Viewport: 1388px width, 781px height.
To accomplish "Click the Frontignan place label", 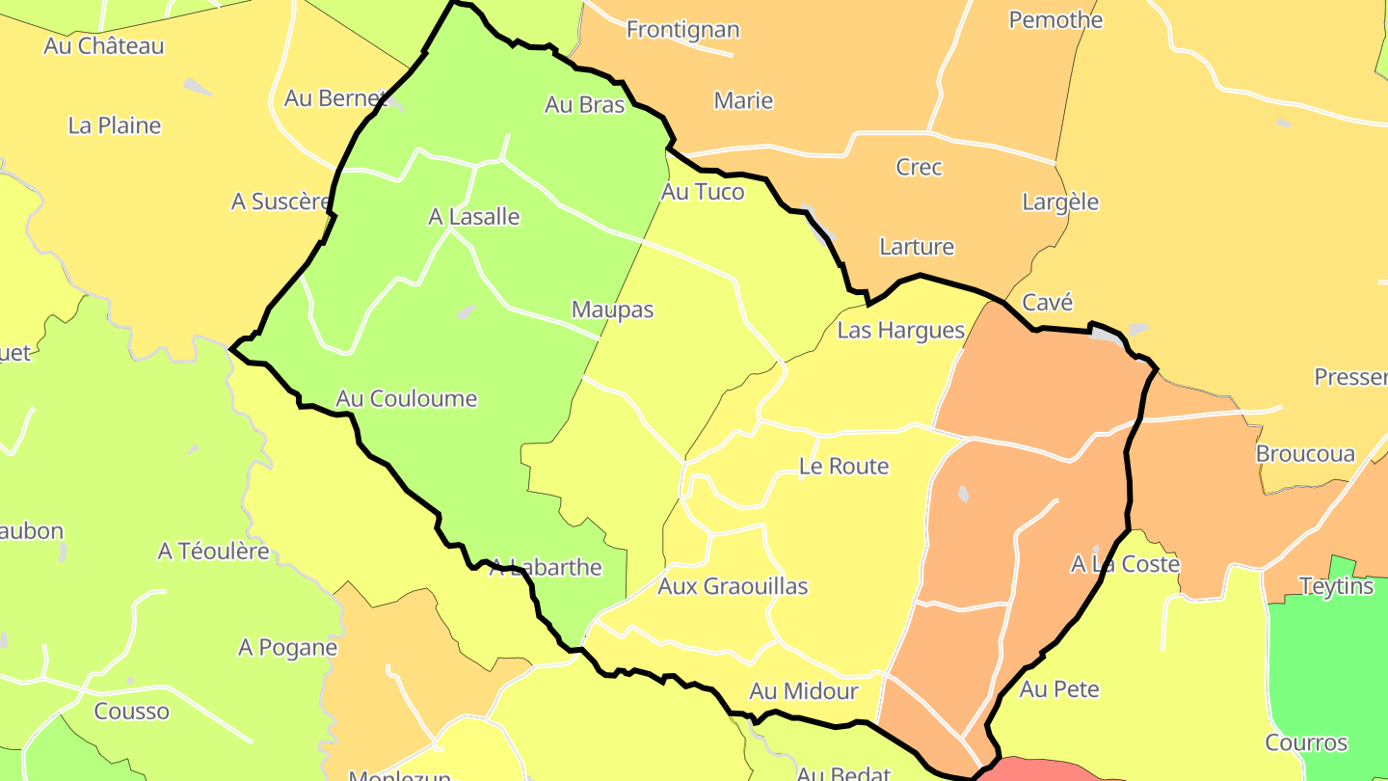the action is (x=682, y=30).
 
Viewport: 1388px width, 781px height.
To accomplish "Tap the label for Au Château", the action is (x=104, y=45).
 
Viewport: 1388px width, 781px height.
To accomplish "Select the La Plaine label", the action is (x=115, y=125).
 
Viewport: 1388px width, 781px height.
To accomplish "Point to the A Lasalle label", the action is (x=473, y=217).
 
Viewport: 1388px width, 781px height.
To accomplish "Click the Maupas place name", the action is (x=612, y=310).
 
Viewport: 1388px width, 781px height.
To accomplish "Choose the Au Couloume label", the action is (x=406, y=398).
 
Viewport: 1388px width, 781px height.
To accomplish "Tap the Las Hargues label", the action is (x=900, y=331).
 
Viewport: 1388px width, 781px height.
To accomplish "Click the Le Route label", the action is (x=843, y=467).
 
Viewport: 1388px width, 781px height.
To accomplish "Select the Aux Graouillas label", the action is (x=733, y=586).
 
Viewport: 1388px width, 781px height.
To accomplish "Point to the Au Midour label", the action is (x=803, y=691).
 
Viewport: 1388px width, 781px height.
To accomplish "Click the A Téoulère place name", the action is (x=214, y=552).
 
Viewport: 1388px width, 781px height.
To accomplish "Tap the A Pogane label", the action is (x=287, y=648).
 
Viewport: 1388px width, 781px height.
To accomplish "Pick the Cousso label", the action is (x=131, y=712).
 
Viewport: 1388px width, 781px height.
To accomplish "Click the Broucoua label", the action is (x=1305, y=454).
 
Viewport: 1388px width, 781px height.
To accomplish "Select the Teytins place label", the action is (x=1336, y=586).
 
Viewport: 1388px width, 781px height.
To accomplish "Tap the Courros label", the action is (x=1306, y=743).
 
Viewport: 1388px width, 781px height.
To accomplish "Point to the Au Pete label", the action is (x=1059, y=689).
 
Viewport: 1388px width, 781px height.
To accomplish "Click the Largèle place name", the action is (x=1060, y=202).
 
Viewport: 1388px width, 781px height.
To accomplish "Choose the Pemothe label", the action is (x=1055, y=19).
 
